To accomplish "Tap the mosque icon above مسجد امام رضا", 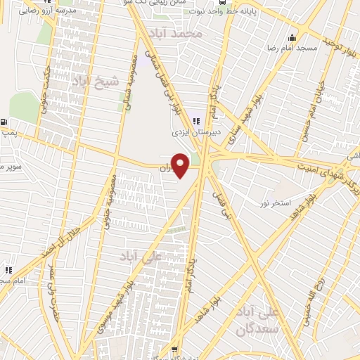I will [x=292, y=37].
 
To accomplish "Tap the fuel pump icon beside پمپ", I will [x=6, y=122].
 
